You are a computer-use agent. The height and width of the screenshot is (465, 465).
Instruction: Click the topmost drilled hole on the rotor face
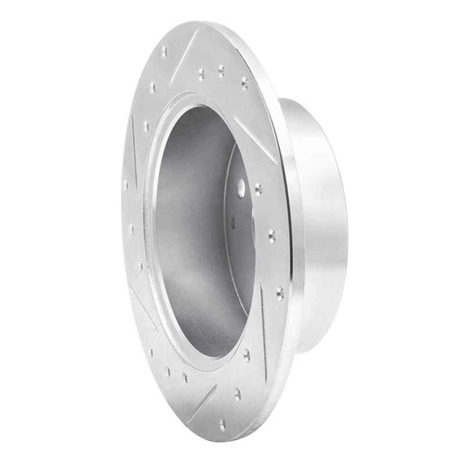tap(164, 51)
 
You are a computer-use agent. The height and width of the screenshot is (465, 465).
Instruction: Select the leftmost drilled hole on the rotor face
tap(126, 184)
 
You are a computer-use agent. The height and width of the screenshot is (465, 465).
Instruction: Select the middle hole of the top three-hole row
tap(221, 71)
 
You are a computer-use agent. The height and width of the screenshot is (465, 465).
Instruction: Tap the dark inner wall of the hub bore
tap(186, 233)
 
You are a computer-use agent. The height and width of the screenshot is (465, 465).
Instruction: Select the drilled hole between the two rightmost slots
tap(271, 235)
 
